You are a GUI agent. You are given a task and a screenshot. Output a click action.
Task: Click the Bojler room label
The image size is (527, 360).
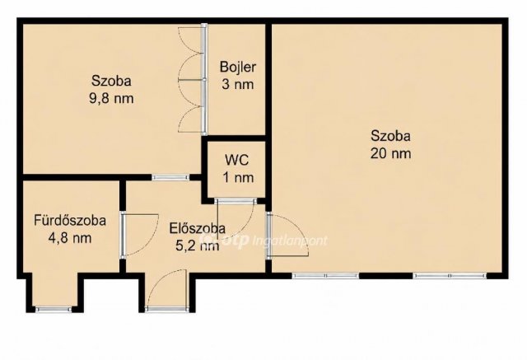(x=238, y=67)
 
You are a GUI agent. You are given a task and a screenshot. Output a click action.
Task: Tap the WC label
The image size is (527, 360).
(x=237, y=160)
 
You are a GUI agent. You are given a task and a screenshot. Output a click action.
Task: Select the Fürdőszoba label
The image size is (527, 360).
(x=70, y=221)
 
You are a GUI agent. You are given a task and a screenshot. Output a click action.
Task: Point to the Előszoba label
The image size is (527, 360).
(x=198, y=228)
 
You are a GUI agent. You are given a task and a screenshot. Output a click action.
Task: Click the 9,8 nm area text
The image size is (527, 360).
(x=111, y=99)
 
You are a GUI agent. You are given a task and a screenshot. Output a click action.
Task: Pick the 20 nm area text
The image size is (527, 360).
(x=390, y=153)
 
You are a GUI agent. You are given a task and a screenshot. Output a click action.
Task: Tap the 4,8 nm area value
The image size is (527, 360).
(x=70, y=238)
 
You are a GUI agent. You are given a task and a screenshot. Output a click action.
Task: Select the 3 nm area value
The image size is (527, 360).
(x=238, y=84)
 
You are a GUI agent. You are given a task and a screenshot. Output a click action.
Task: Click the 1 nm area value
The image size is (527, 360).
(x=238, y=177)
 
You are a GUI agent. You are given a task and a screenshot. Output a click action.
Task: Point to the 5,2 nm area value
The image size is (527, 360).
(x=198, y=246)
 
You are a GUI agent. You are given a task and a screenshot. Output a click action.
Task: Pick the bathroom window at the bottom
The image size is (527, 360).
(x=54, y=309)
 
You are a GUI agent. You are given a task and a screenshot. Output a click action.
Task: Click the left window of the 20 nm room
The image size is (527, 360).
(x=325, y=276)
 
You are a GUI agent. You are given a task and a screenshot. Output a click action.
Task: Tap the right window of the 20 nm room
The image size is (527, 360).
(x=450, y=276)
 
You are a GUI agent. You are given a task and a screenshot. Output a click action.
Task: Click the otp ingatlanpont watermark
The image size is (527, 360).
(x=263, y=240)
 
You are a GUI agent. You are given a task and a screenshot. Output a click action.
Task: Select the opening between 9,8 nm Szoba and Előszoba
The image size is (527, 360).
(x=170, y=177)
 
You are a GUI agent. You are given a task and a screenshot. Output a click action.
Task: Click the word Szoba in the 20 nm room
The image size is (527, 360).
(x=390, y=136)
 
